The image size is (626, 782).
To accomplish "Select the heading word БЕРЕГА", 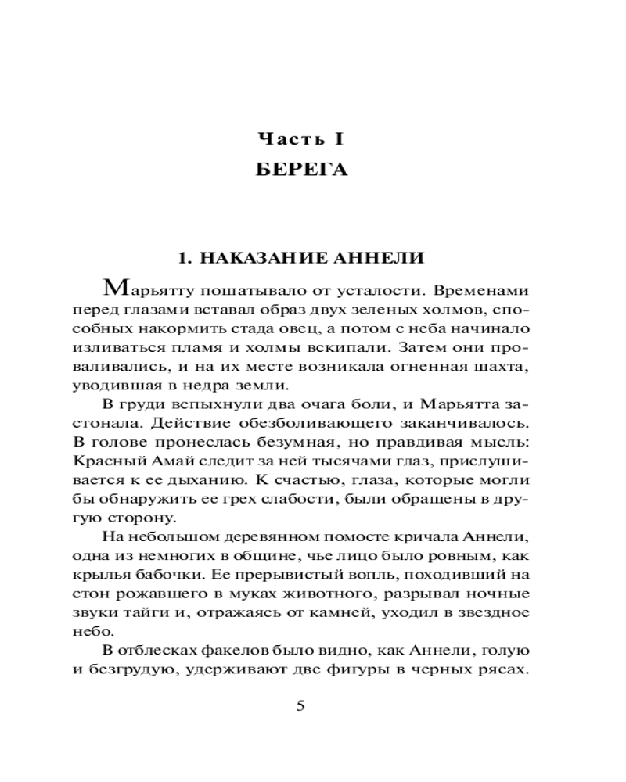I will (302, 170).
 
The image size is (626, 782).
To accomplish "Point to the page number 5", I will (300, 705).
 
